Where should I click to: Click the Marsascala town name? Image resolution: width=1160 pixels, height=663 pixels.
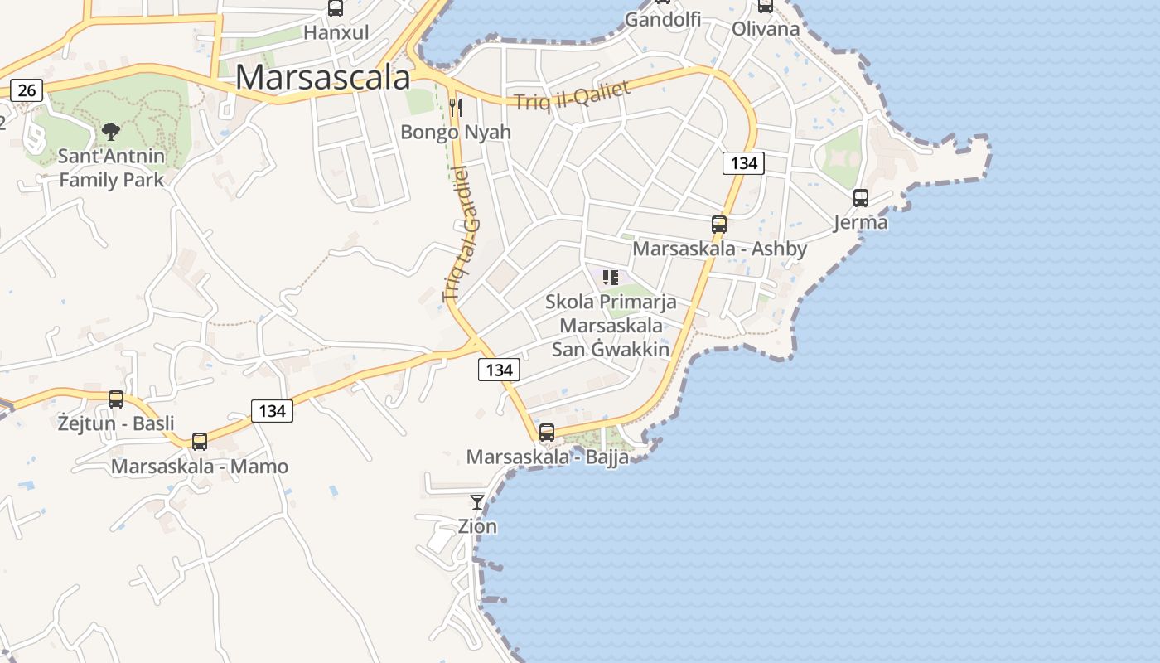(322, 77)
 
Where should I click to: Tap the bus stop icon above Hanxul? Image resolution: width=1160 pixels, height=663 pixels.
(336, 8)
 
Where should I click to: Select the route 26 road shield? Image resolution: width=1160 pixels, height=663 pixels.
(27, 90)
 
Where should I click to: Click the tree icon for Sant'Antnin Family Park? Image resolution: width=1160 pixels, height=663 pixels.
(110, 131)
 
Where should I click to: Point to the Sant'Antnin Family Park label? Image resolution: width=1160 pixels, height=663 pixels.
(112, 167)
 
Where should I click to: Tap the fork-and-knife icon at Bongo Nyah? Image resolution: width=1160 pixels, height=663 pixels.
(455, 107)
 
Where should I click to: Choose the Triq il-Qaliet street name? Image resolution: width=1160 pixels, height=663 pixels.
(573, 95)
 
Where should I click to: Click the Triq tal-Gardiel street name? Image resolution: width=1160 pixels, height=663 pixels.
(462, 234)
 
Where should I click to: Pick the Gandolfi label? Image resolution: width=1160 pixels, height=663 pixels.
(663, 19)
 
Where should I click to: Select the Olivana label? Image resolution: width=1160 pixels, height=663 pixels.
(766, 29)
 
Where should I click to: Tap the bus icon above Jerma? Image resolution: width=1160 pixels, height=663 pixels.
(861, 198)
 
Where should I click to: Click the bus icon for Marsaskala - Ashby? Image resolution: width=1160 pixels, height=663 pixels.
(719, 224)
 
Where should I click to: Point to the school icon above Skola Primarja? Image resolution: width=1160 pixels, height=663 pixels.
(611, 278)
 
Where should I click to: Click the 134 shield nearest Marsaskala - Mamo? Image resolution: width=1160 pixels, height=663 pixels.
(272, 410)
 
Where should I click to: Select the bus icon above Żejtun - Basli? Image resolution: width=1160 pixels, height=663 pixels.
(116, 399)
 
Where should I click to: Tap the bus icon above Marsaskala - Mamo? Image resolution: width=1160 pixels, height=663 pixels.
(200, 442)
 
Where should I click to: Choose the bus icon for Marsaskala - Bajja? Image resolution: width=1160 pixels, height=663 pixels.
(547, 433)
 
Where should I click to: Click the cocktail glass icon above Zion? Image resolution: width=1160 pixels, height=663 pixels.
(477, 501)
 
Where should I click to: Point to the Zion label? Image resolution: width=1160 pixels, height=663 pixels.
(477, 526)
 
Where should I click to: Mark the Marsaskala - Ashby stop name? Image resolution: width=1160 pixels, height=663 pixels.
(719, 249)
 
